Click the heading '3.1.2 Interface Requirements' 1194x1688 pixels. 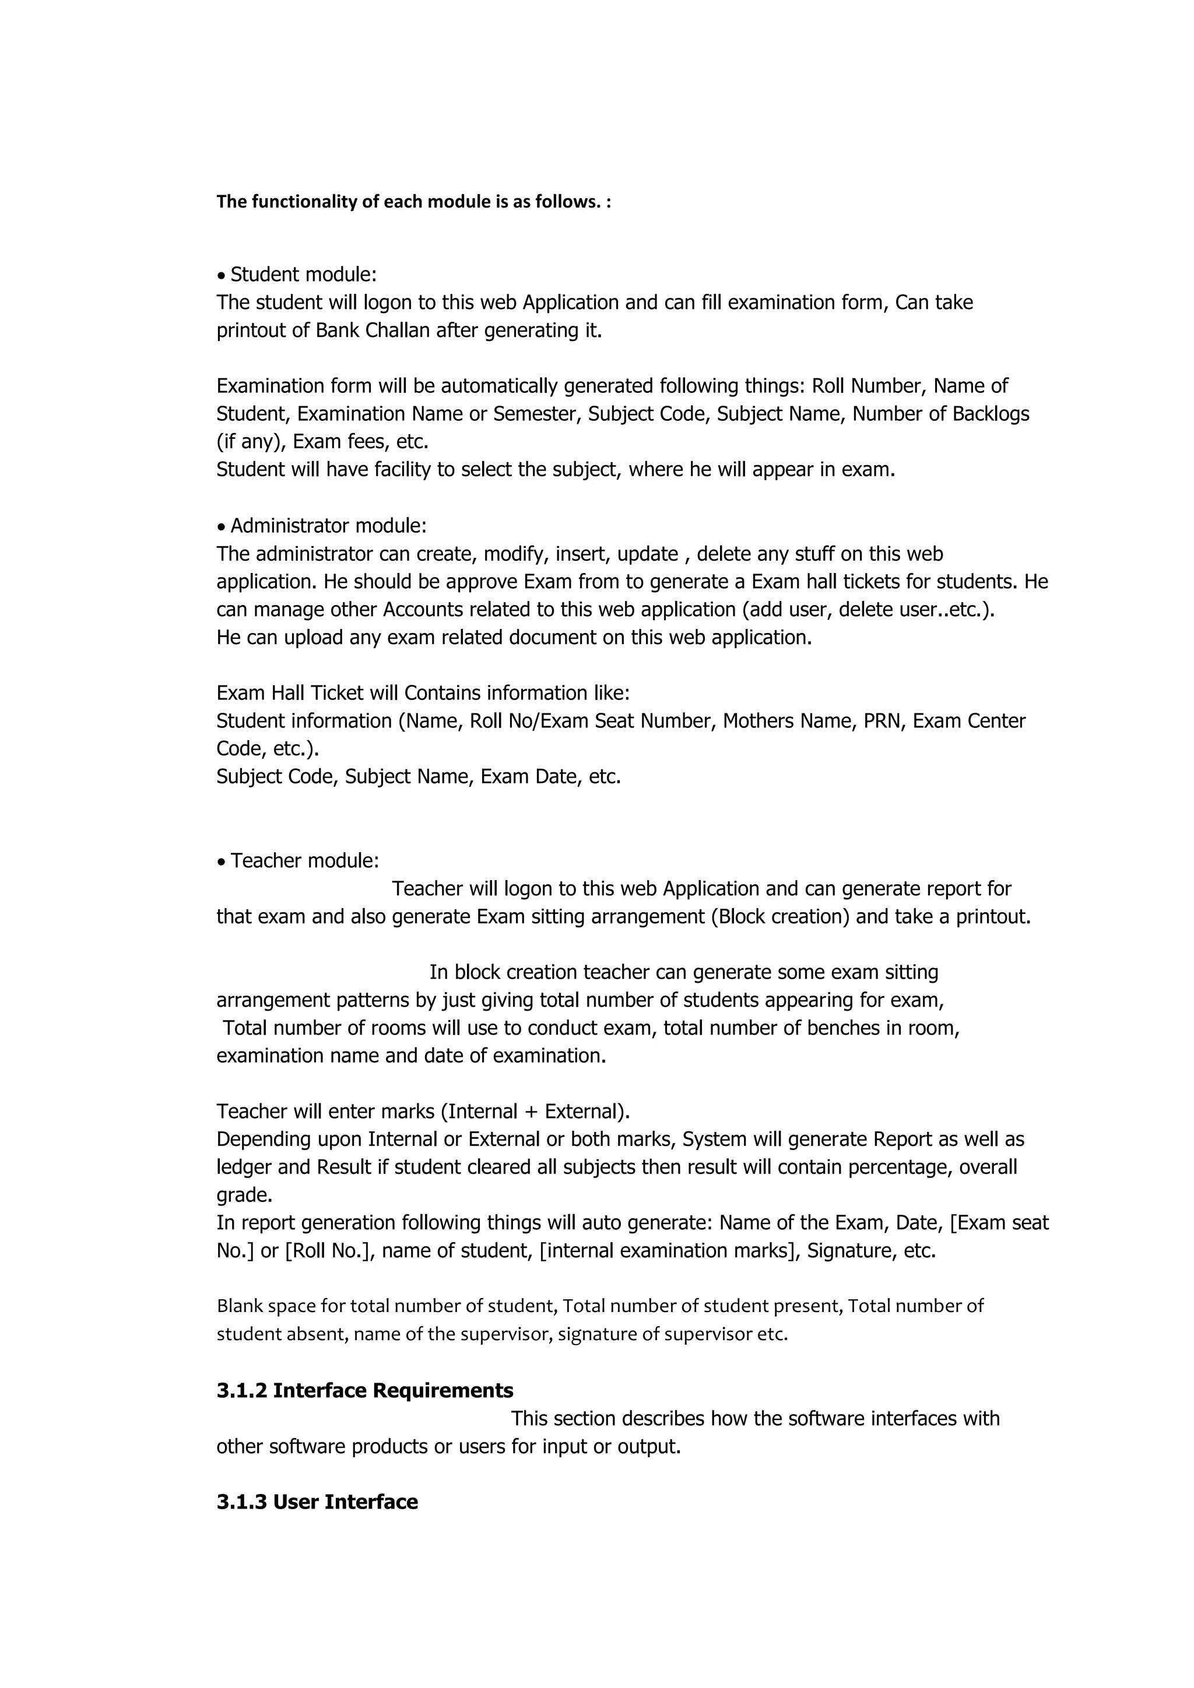pyautogui.click(x=364, y=1390)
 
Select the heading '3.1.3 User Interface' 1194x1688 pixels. pyautogui.click(x=317, y=1502)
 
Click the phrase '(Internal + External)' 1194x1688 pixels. pyautogui.click(x=535, y=1111)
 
